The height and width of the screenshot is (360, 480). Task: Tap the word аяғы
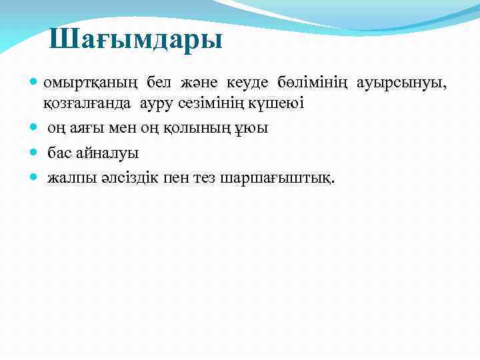(84, 128)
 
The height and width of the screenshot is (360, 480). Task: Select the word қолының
(179, 128)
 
